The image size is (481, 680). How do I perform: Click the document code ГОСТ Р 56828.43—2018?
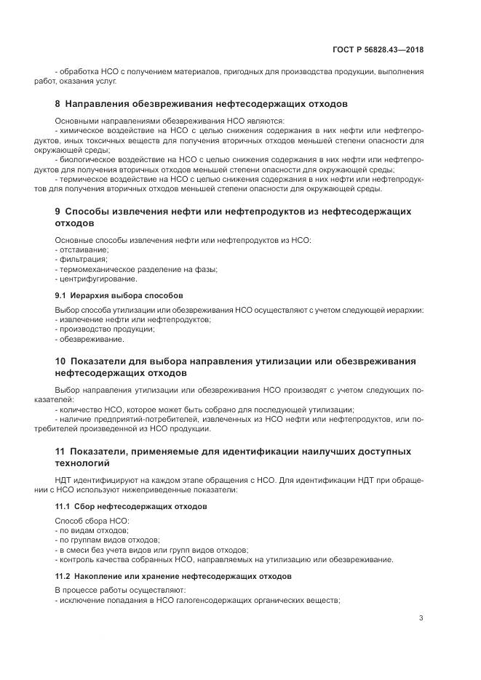coord(380,50)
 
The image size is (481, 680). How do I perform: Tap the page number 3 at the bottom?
coord(421,618)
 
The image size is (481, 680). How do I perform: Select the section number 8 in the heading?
coord(58,104)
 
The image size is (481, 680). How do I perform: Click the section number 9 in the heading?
coord(58,212)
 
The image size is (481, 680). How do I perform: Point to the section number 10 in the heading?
coord(60,361)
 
